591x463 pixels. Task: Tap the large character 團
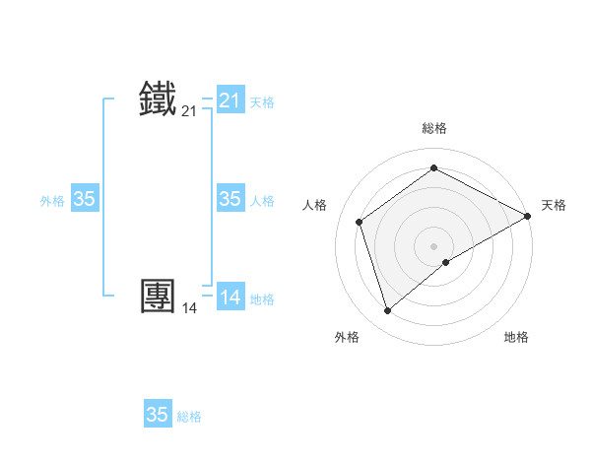pos(159,296)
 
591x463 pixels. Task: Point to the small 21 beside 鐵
pos(189,112)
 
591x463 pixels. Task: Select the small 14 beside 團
pos(189,308)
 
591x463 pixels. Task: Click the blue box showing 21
pos(230,100)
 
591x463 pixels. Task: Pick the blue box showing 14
pos(230,297)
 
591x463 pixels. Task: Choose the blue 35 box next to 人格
pos(230,199)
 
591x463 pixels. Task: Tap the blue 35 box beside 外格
pos(85,199)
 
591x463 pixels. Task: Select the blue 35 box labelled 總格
pos(158,415)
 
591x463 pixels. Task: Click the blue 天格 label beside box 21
pos(262,102)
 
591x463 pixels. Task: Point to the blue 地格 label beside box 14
pos(262,299)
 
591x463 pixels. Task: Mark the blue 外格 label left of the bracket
pos(52,201)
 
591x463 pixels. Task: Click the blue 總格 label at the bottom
pos(189,418)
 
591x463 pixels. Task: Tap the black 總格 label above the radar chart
pos(434,128)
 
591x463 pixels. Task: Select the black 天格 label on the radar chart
pos(554,205)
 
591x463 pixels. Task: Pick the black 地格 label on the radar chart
pos(516,338)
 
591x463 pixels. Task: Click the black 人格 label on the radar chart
pos(314,205)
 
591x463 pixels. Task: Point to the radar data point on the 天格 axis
pos(528,216)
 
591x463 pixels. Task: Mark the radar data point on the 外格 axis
pos(387,311)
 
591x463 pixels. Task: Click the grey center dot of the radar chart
pos(434,245)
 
